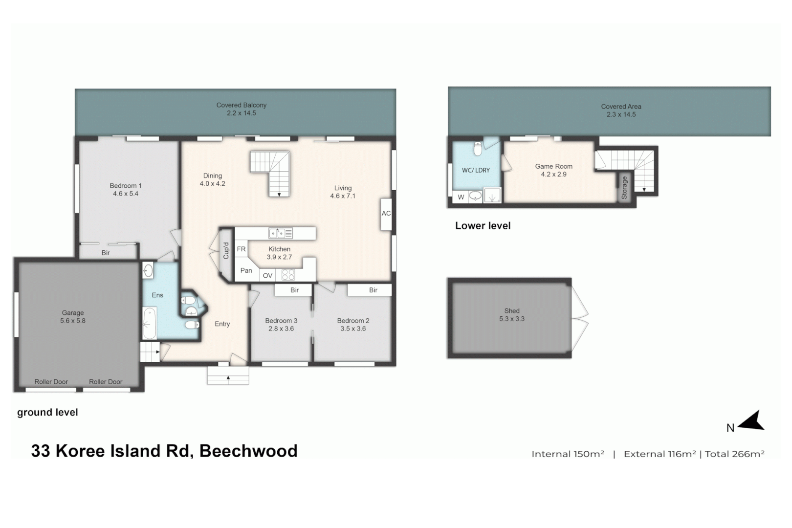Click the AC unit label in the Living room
pyautogui.click(x=386, y=214)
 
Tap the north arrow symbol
pyautogui.click(x=752, y=421)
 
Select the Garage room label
pyautogui.click(x=73, y=313)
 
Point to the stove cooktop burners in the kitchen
pyautogui.click(x=288, y=275)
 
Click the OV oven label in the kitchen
pyautogui.click(x=267, y=276)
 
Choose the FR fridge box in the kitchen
pyautogui.click(x=241, y=249)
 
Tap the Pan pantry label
pyautogui.click(x=246, y=270)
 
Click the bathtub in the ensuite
pyautogui.click(x=150, y=323)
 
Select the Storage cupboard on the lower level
pyautogui.click(x=624, y=188)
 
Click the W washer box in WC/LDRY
pyautogui.click(x=461, y=197)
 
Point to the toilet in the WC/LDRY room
pyautogui.click(x=478, y=148)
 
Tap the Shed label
pyautogui.click(x=512, y=311)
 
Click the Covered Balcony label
pyautogui.click(x=241, y=105)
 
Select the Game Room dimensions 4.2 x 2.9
pyautogui.click(x=553, y=174)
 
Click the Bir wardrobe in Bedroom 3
pyautogui.click(x=294, y=290)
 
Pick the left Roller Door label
pyautogui.click(x=51, y=382)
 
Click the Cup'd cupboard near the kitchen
pyautogui.click(x=226, y=251)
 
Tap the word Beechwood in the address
pyautogui.click(x=248, y=450)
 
